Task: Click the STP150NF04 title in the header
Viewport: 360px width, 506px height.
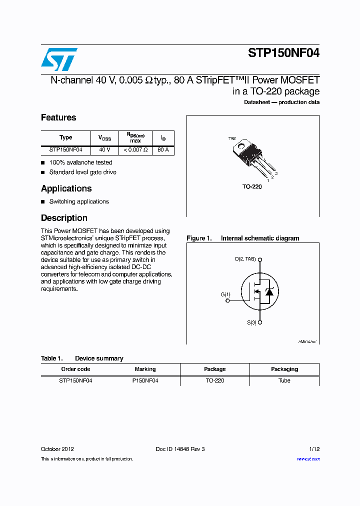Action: point(283,54)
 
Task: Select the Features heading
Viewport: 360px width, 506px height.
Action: point(58,117)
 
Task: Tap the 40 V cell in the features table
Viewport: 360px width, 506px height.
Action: point(104,150)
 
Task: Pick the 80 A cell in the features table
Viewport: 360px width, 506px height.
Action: point(163,150)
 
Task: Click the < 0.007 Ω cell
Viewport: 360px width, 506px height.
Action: point(135,150)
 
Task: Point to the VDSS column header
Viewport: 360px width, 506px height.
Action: point(104,138)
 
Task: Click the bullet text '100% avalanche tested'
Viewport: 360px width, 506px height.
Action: point(80,162)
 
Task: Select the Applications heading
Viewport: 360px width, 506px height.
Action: point(66,188)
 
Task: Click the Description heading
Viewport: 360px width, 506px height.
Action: point(64,218)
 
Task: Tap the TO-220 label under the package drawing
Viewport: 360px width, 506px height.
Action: point(252,186)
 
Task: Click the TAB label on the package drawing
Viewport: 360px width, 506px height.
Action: point(232,138)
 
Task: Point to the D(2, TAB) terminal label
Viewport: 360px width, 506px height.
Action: point(245,259)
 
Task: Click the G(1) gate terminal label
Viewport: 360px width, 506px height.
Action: point(225,294)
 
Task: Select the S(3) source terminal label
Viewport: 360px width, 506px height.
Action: point(251,322)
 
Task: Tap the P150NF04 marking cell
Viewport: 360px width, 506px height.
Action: point(145,380)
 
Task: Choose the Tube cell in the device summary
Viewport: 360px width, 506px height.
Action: point(284,380)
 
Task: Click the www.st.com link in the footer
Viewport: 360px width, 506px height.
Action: point(308,458)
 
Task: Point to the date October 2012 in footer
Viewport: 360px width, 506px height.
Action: point(57,449)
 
